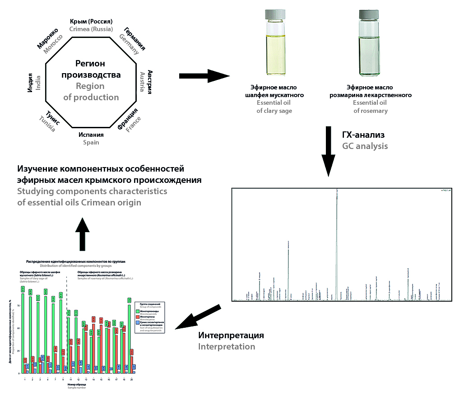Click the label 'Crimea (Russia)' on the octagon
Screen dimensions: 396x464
tap(91, 29)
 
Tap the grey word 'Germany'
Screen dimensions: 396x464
tap(129, 45)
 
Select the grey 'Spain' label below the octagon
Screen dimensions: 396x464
tap(91, 142)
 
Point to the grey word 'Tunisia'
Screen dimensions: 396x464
tap(47, 124)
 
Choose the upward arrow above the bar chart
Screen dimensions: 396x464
tap(82, 233)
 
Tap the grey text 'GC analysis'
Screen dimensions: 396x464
tap(365, 146)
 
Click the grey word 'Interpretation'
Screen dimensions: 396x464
tap(226, 347)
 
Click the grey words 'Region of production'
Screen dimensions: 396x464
tap(91, 92)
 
